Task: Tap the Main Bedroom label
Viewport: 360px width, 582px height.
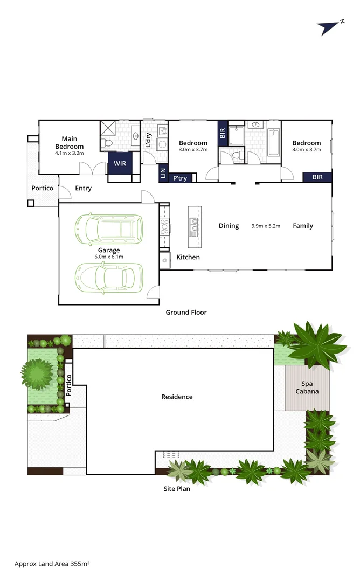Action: (69, 143)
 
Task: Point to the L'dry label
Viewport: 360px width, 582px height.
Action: (148, 140)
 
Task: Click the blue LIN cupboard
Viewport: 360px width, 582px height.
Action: (163, 173)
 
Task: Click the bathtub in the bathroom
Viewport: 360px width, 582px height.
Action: (273, 142)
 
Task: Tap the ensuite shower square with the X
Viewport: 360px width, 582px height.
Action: (108, 129)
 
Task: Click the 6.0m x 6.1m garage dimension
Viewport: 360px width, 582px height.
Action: (108, 257)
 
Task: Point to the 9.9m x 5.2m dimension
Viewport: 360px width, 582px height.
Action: (266, 226)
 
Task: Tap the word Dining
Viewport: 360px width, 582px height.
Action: (229, 226)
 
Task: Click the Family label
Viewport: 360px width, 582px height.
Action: (303, 226)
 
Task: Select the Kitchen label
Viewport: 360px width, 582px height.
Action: (188, 258)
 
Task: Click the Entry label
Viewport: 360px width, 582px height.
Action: (83, 189)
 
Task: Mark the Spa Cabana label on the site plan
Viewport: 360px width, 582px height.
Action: (306, 387)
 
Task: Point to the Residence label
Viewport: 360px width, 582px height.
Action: (177, 397)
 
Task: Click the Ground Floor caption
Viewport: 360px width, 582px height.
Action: (186, 313)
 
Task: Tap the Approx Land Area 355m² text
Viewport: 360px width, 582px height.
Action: (52, 564)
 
